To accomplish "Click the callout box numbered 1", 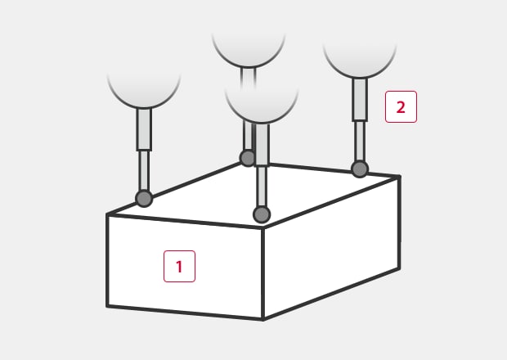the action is pos(179,266).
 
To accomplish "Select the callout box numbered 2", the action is pos(401,106).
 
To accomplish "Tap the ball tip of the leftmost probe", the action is pos(144,199).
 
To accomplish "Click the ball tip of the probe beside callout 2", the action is pos(360,169).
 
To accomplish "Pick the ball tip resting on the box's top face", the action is pos(262,214).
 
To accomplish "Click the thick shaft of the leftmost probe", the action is pos(144,129).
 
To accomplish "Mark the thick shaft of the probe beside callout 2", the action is pos(360,100).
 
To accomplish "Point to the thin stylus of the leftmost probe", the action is pos(144,171).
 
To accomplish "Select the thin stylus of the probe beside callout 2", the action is pos(360,142).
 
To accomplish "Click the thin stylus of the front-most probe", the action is pos(262,187).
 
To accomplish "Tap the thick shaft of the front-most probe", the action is pos(262,145).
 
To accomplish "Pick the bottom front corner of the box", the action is pos(263,320).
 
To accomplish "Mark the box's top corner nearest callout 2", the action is pos(400,176).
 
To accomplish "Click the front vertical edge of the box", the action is pos(262,273).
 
